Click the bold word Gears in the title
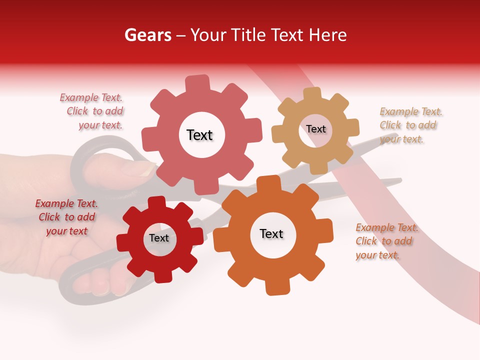click(147, 35)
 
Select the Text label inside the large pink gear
click(199, 135)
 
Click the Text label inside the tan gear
click(316, 129)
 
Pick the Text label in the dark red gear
click(159, 238)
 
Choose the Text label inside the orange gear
click(271, 233)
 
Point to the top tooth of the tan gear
click(312, 94)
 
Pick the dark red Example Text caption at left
click(66, 217)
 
